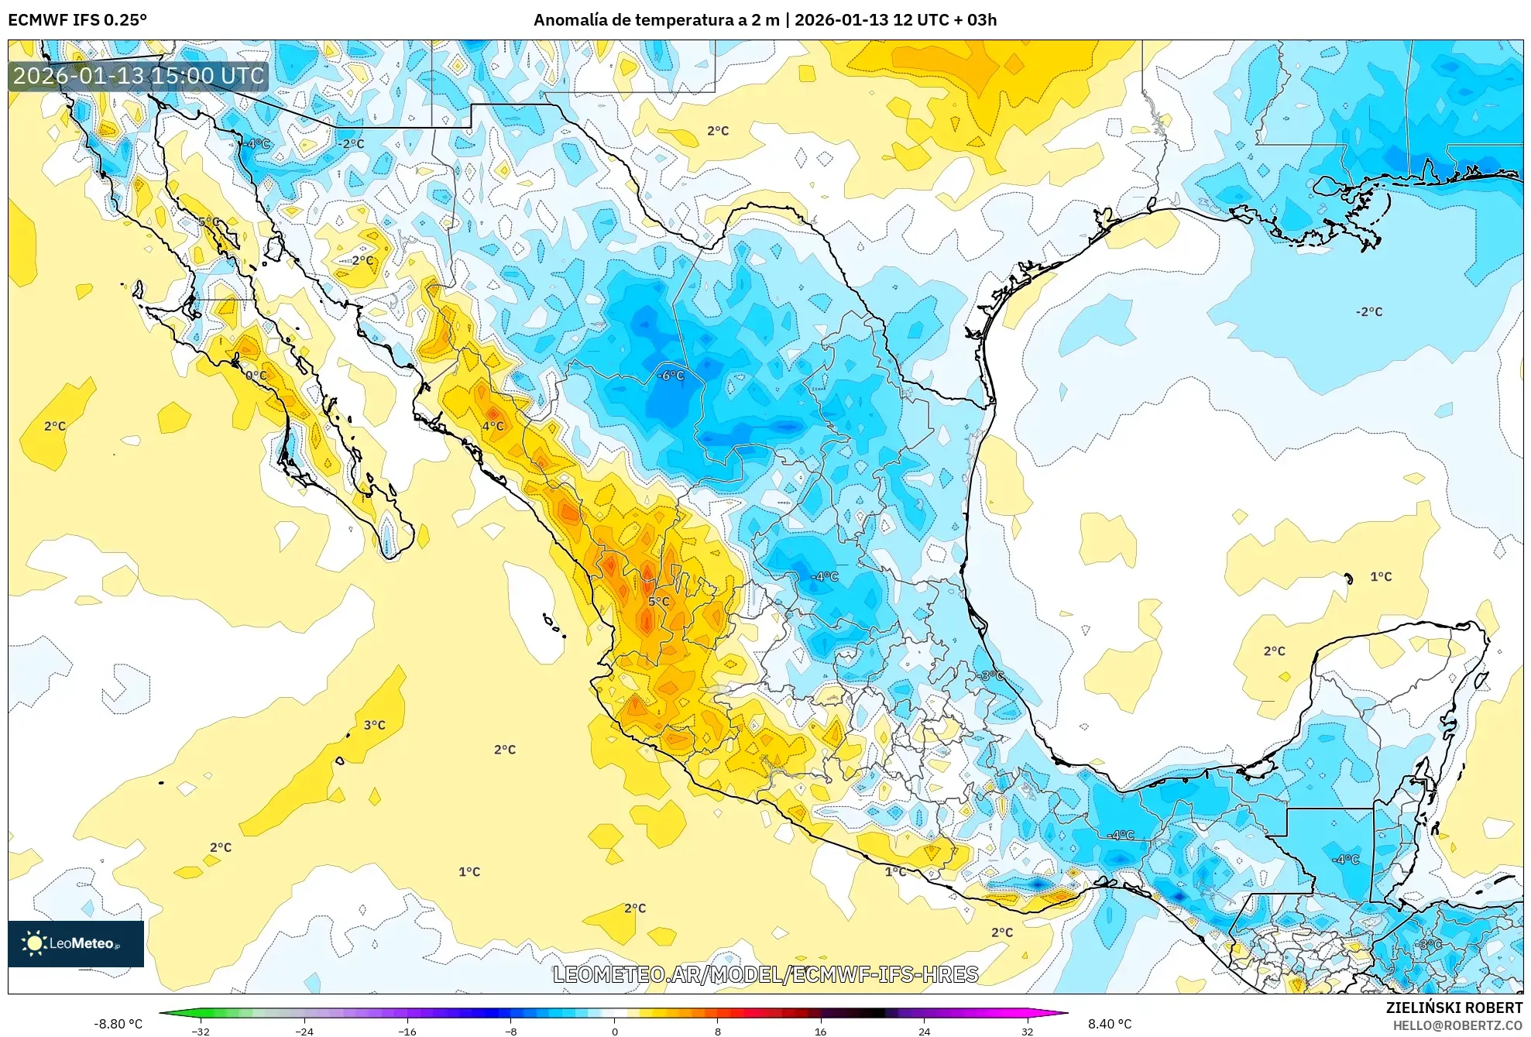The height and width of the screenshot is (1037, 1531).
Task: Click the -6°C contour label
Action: [x=671, y=376]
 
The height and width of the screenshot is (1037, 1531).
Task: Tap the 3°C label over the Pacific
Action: [x=375, y=726]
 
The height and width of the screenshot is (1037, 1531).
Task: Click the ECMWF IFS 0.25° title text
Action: [x=77, y=20]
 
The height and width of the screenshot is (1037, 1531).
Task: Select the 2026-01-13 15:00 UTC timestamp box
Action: [x=139, y=76]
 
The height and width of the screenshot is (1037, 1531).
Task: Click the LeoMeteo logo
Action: [x=76, y=943]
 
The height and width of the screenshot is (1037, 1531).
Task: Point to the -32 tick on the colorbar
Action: [x=201, y=1031]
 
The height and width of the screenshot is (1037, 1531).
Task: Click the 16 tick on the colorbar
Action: [x=821, y=1031]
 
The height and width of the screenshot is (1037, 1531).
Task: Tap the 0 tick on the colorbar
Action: [x=615, y=1031]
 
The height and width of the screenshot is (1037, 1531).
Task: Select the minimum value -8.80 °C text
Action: [x=118, y=1024]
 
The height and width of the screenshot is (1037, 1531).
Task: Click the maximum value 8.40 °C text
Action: [x=1110, y=1024]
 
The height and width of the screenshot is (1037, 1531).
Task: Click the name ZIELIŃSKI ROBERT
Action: [x=1454, y=1008]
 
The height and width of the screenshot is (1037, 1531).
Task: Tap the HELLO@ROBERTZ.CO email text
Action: [x=1457, y=1025]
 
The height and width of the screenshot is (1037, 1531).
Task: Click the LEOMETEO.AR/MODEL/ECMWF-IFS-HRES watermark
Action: [x=766, y=974]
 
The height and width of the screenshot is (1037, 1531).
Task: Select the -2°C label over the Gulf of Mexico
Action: [x=1368, y=312]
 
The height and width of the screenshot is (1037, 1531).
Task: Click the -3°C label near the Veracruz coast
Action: [x=992, y=676]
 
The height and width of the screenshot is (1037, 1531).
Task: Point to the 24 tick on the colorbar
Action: [x=924, y=1031]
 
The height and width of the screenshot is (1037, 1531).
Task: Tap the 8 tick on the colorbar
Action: [x=718, y=1031]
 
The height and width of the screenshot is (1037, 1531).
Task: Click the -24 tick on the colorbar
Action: [x=304, y=1031]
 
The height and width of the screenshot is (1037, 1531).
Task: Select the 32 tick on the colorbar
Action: [x=1027, y=1031]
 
